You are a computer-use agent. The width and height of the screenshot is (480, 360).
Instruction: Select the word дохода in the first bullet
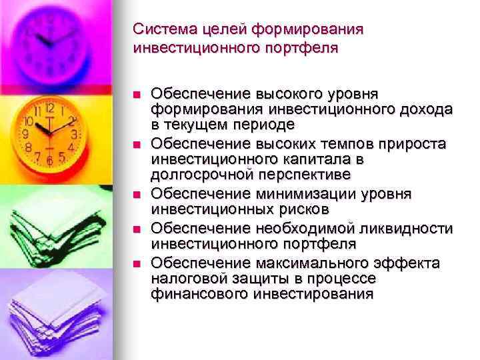426,109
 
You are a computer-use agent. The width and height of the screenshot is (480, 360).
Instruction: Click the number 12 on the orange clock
49,109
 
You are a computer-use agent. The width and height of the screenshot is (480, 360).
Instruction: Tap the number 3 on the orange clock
74,134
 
